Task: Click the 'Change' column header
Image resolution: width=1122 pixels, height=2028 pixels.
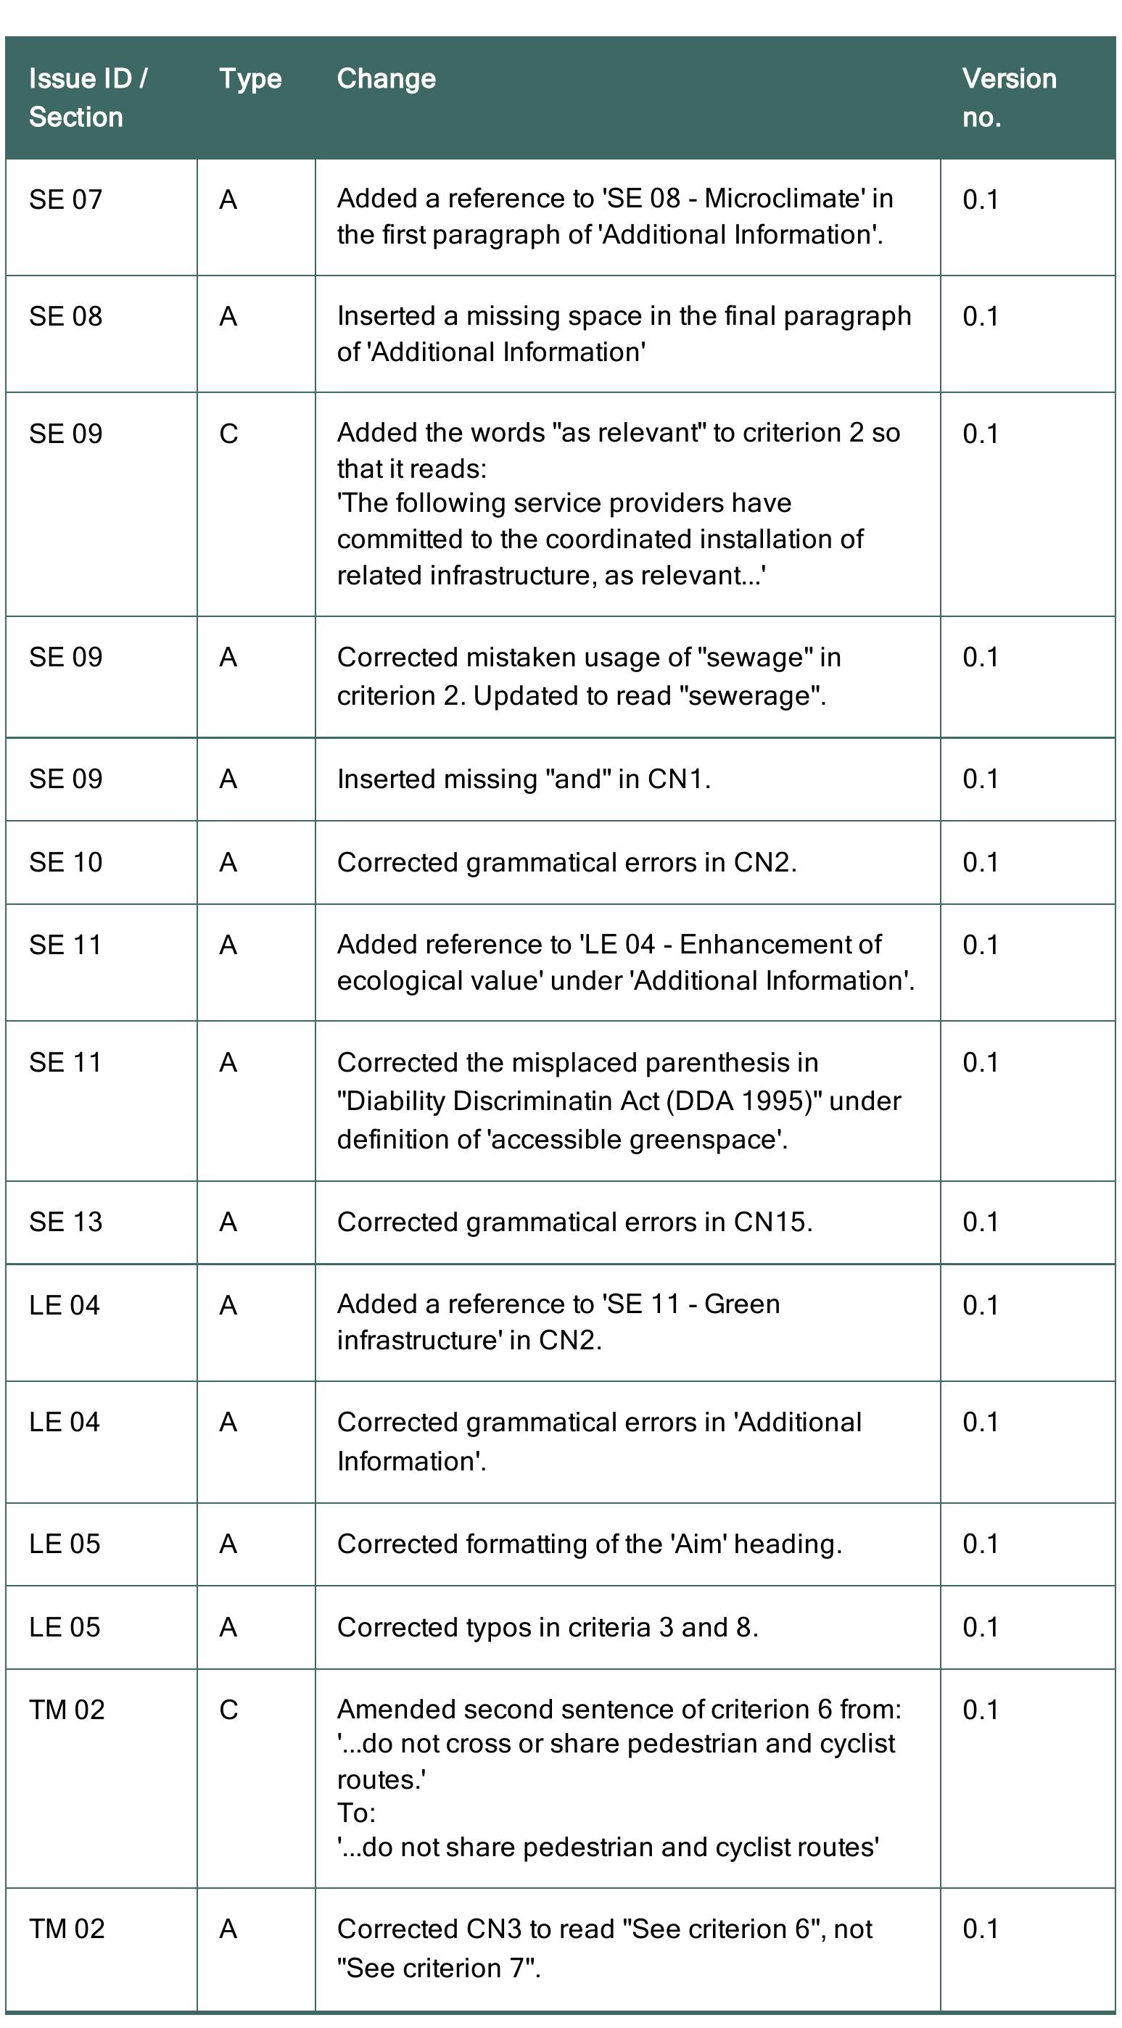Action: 386,79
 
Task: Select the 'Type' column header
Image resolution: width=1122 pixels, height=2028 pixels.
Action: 249,79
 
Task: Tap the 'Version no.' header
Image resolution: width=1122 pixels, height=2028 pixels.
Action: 1008,98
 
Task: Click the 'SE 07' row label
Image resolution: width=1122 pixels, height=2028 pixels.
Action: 65,200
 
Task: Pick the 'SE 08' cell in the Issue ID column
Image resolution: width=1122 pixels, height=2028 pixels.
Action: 65,316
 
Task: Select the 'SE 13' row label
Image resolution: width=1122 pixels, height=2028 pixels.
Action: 65,1222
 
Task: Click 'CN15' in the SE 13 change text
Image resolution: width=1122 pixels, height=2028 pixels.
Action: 769,1222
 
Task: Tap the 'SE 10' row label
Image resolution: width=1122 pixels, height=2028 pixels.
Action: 65,863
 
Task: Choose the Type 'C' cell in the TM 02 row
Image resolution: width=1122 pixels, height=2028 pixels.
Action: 228,1710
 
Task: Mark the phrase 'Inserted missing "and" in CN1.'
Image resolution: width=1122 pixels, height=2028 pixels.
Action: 523,779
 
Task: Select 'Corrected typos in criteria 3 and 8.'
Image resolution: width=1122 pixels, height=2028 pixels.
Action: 548,1627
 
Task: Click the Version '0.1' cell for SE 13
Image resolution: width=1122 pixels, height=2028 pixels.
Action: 981,1222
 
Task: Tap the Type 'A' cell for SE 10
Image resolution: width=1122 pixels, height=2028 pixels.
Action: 228,863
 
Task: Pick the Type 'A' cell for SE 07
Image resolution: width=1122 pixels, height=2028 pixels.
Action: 228,200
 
